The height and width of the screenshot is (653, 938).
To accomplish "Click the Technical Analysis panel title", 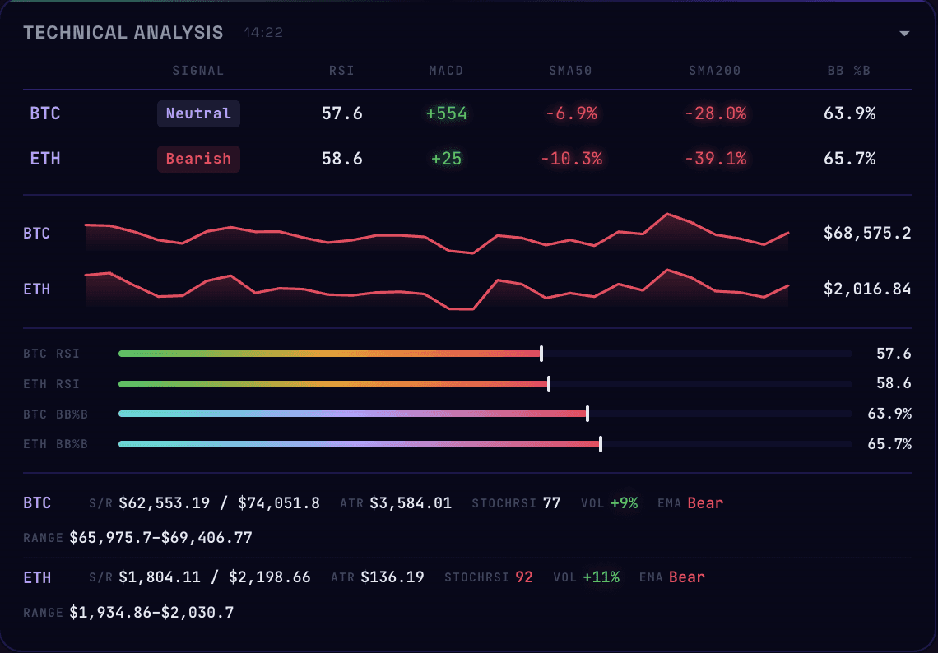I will pyautogui.click(x=123, y=33).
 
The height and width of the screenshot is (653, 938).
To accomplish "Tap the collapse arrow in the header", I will pyautogui.click(x=904, y=34).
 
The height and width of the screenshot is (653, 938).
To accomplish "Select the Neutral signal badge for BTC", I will pyautogui.click(x=198, y=113).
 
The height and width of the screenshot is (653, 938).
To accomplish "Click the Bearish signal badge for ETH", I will pyautogui.click(x=198, y=159).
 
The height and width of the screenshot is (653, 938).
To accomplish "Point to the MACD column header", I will pyautogui.click(x=446, y=71).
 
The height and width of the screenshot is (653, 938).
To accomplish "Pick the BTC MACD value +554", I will pyautogui.click(x=447, y=113).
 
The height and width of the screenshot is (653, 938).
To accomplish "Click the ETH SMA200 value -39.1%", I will pyautogui.click(x=716, y=159).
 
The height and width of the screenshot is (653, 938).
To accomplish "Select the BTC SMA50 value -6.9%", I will pyautogui.click(x=571, y=113).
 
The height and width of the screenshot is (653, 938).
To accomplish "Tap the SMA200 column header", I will pyautogui.click(x=715, y=71).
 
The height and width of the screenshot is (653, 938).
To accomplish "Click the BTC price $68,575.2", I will pyautogui.click(x=867, y=234).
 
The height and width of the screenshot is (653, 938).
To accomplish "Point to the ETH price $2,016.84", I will pyautogui.click(x=867, y=289).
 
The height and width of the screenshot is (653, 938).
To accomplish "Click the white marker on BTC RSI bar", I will pyautogui.click(x=541, y=354).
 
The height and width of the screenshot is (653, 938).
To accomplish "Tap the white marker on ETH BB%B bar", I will pyautogui.click(x=601, y=444).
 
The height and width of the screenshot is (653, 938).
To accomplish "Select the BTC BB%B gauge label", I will pyautogui.click(x=55, y=414).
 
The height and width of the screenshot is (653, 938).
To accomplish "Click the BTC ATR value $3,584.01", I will pyautogui.click(x=411, y=503).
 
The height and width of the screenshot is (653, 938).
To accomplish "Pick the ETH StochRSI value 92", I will pyautogui.click(x=524, y=577).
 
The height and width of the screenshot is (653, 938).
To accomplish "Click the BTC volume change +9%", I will pyautogui.click(x=624, y=503).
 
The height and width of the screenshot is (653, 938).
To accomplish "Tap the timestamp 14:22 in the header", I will pyautogui.click(x=263, y=34).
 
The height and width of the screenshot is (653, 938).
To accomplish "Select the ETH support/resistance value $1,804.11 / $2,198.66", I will pyautogui.click(x=215, y=577).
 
